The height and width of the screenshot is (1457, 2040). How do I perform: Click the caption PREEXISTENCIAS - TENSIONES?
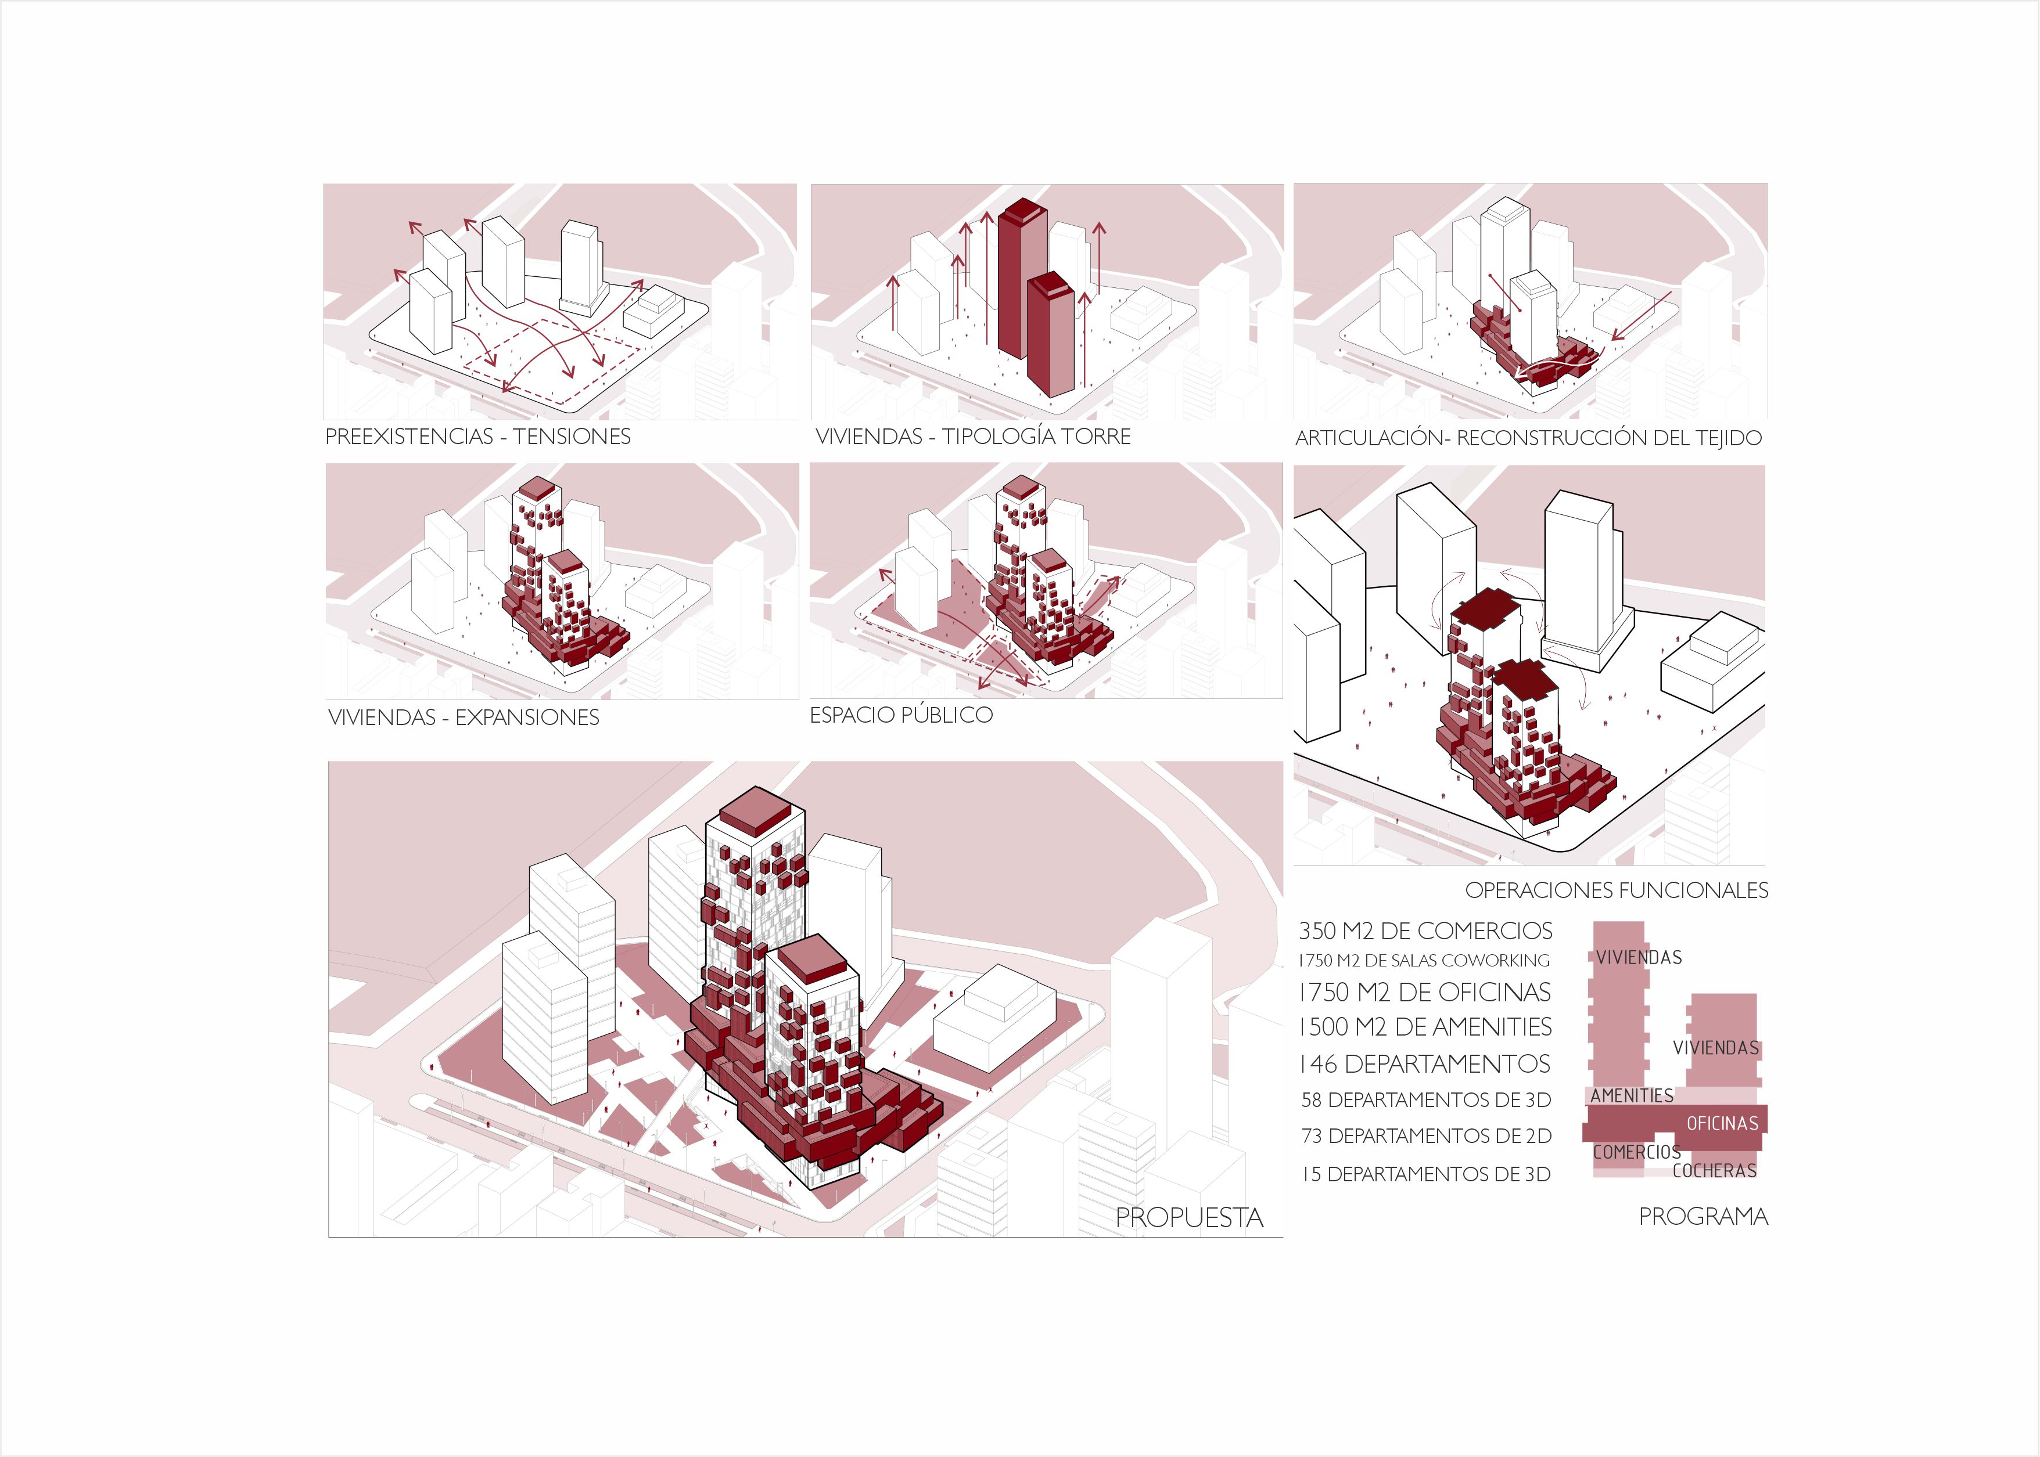(477, 437)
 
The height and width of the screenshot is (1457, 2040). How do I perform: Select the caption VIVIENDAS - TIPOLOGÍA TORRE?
(973, 437)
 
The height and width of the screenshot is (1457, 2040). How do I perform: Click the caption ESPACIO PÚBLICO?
(901, 715)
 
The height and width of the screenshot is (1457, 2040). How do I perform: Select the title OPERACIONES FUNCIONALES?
(1617, 891)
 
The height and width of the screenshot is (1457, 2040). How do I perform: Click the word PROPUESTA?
(1189, 1217)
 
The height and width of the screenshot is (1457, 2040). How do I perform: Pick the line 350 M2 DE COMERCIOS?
(1425, 931)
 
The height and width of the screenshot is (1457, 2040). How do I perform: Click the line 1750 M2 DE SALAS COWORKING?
(1424, 961)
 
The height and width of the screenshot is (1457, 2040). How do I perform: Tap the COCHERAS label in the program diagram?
(1714, 1171)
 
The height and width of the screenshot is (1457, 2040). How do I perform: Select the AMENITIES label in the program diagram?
(1632, 1095)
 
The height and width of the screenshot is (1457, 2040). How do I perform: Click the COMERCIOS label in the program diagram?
(1637, 1152)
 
